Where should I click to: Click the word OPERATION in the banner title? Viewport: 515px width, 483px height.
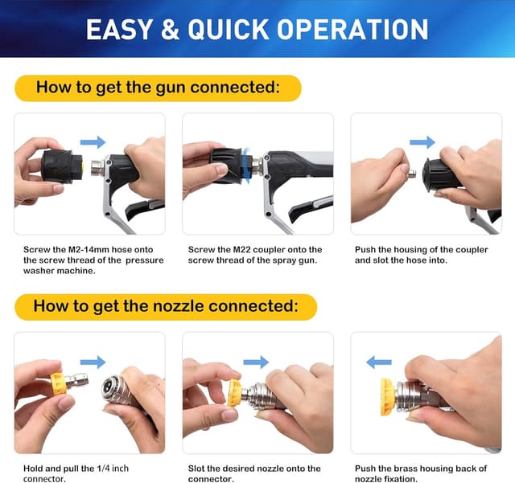(352, 30)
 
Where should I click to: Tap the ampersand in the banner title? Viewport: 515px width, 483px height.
(170, 30)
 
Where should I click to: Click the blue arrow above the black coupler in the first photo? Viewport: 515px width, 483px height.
(93, 142)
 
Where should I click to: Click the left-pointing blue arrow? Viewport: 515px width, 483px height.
(379, 362)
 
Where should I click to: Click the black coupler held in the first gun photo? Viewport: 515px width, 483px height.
(62, 166)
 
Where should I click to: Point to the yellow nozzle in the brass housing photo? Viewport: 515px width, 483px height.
(388, 397)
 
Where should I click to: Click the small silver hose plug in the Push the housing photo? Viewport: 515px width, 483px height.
(412, 174)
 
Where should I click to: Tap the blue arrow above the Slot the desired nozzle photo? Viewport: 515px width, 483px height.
(256, 362)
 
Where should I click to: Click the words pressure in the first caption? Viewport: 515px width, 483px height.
(145, 260)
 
